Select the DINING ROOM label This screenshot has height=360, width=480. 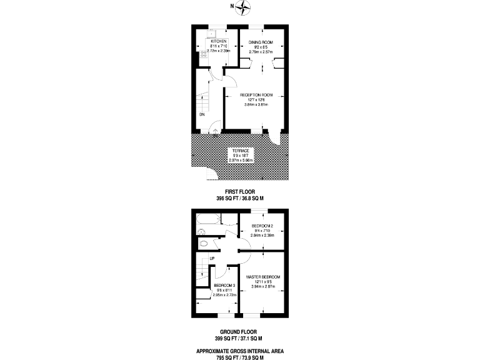click(x=261, y=41)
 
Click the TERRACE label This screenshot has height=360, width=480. click(x=240, y=151)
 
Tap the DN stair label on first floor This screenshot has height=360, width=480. click(x=202, y=115)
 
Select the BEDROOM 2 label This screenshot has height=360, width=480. click(x=262, y=226)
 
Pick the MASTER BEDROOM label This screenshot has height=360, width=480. click(x=262, y=277)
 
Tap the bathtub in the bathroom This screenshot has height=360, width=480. click(x=207, y=219)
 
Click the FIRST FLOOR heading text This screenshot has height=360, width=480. click(x=240, y=192)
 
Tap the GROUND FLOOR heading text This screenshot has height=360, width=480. click(x=240, y=332)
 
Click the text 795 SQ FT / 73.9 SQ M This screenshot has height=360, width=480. click(x=240, y=357)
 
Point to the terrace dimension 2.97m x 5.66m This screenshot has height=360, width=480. click(x=240, y=161)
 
